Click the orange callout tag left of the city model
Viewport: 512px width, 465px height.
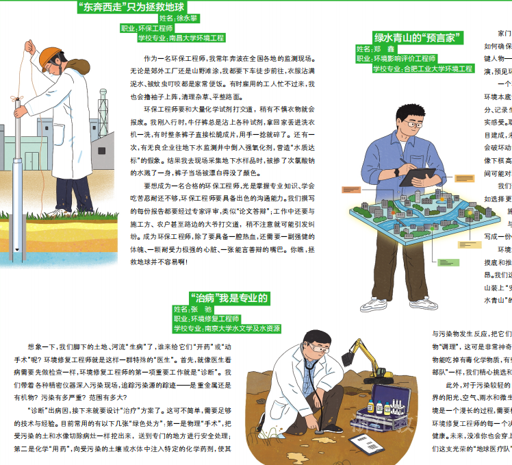tap(351, 189)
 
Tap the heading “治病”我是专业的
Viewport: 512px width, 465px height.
tap(229, 298)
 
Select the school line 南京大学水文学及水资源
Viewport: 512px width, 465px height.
tap(226, 329)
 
